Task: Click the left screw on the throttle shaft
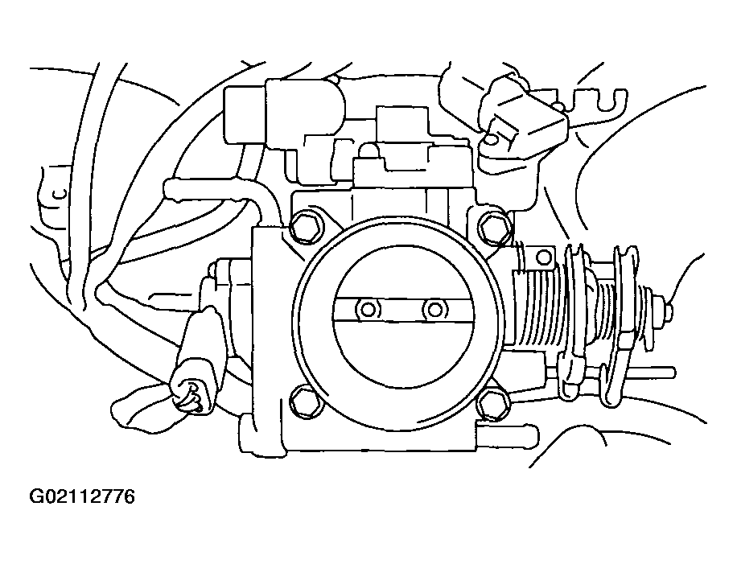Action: (369, 309)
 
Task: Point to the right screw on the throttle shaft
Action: (435, 308)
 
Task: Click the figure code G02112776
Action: (83, 496)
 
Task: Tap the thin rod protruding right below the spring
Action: (644, 372)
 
